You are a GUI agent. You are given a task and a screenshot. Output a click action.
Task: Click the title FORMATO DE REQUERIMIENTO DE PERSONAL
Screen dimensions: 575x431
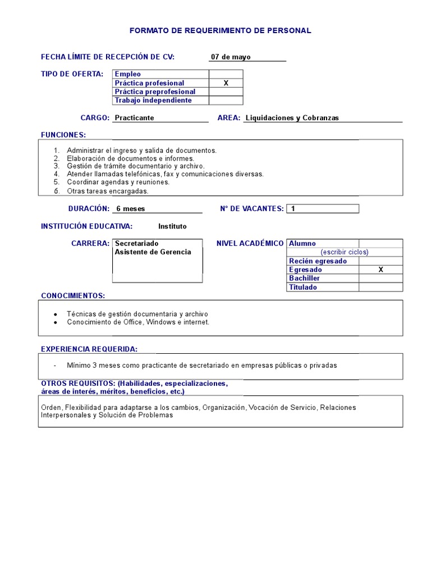click(220, 31)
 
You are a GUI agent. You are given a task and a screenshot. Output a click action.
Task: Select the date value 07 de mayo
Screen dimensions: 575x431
click(231, 57)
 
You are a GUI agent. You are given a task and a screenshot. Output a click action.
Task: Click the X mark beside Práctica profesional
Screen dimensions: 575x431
click(226, 83)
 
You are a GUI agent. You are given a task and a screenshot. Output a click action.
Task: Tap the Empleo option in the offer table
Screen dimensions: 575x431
click(128, 74)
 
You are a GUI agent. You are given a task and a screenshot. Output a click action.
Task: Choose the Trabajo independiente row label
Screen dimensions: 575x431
click(153, 101)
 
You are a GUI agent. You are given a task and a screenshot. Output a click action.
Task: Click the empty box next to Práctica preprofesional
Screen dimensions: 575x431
click(226, 92)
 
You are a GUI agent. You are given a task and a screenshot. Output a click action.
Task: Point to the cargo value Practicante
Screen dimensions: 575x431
click(134, 118)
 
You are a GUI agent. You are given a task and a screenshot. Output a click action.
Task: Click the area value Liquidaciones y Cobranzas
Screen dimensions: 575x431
click(292, 118)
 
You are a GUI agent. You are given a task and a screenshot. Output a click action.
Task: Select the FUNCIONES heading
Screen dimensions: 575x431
click(63, 135)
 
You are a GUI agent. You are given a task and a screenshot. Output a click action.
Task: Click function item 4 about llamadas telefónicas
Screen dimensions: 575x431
click(165, 174)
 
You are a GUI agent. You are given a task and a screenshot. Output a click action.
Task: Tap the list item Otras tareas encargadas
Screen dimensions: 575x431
click(107, 191)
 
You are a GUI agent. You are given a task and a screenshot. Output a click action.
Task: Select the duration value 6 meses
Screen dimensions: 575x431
click(130, 209)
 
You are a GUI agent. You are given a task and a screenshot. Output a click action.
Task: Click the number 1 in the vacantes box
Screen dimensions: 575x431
click(293, 209)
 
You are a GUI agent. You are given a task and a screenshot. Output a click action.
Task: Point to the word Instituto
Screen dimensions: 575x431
click(172, 226)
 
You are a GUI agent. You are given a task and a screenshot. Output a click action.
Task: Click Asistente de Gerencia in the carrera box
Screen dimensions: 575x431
click(153, 252)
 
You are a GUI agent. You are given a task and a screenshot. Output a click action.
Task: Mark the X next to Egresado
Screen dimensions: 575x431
click(380, 270)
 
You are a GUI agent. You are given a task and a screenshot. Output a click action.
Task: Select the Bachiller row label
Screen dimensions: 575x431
click(304, 279)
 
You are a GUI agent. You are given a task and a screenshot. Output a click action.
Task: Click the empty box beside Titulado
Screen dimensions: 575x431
click(380, 287)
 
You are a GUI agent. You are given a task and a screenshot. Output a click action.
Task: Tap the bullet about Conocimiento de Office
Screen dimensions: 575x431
click(137, 322)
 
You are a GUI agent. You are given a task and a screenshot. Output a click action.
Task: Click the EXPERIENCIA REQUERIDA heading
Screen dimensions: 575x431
click(89, 349)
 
